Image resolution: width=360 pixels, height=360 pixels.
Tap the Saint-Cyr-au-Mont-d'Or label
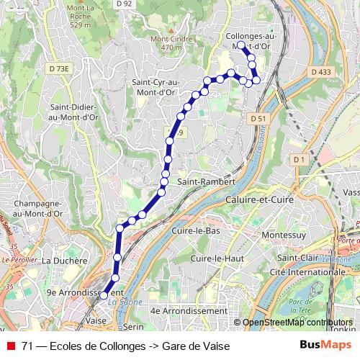pos(155,87)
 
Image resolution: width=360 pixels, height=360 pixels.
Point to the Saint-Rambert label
pos(207,182)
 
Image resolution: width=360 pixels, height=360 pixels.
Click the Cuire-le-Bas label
pos(196,231)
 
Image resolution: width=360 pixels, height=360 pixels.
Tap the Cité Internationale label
pos(297,272)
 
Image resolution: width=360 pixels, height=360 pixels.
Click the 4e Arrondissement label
pos(188,310)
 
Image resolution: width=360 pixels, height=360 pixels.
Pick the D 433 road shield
pos(321,72)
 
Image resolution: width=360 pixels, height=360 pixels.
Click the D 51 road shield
pos(259,118)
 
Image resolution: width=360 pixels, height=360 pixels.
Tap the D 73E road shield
pos(60,68)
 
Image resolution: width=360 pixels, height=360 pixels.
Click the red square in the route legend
pos(11,346)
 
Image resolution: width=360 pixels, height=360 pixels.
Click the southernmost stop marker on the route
pos(103,294)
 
